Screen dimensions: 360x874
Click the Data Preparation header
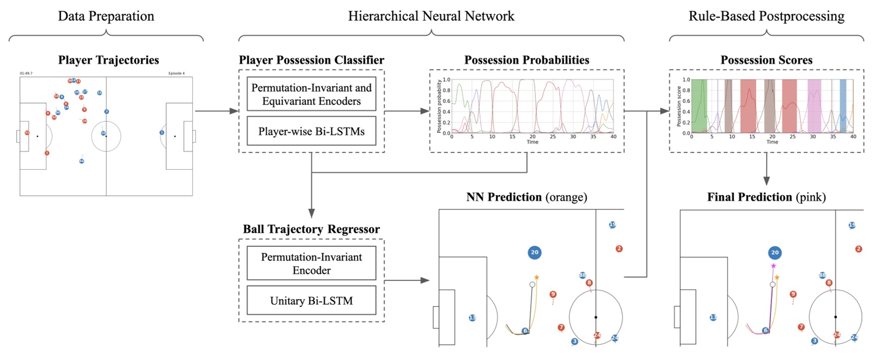pos(106,16)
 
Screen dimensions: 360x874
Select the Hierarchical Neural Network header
pos(431,16)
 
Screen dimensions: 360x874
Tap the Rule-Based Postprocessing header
pos(766,16)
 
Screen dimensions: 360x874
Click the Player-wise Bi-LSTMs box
pos(311,131)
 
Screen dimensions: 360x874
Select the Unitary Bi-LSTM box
pos(311,301)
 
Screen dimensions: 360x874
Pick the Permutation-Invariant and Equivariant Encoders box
pos(311,94)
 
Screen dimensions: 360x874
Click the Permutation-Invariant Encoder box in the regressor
pos(311,263)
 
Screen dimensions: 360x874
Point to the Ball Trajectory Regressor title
pos(311,229)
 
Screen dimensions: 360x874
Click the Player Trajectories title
pos(108,60)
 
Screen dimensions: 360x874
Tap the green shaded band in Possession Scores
pos(699,106)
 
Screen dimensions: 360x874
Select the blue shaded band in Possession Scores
pos(843,106)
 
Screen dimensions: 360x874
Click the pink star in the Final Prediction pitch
pos(773,266)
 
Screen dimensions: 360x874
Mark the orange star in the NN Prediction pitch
pos(536,277)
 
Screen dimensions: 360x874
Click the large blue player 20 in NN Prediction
pos(534,252)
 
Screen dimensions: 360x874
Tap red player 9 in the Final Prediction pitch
pos(793,294)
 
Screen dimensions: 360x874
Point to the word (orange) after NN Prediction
pos(566,197)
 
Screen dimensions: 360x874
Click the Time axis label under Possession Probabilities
pos(532,142)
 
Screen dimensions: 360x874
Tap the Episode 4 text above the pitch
pos(176,74)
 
